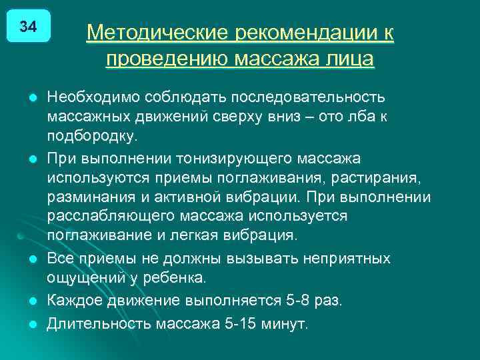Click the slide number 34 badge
pyautogui.click(x=28, y=27)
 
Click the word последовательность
pyautogui.click(x=308, y=97)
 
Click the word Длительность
pyautogui.click(x=99, y=324)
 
